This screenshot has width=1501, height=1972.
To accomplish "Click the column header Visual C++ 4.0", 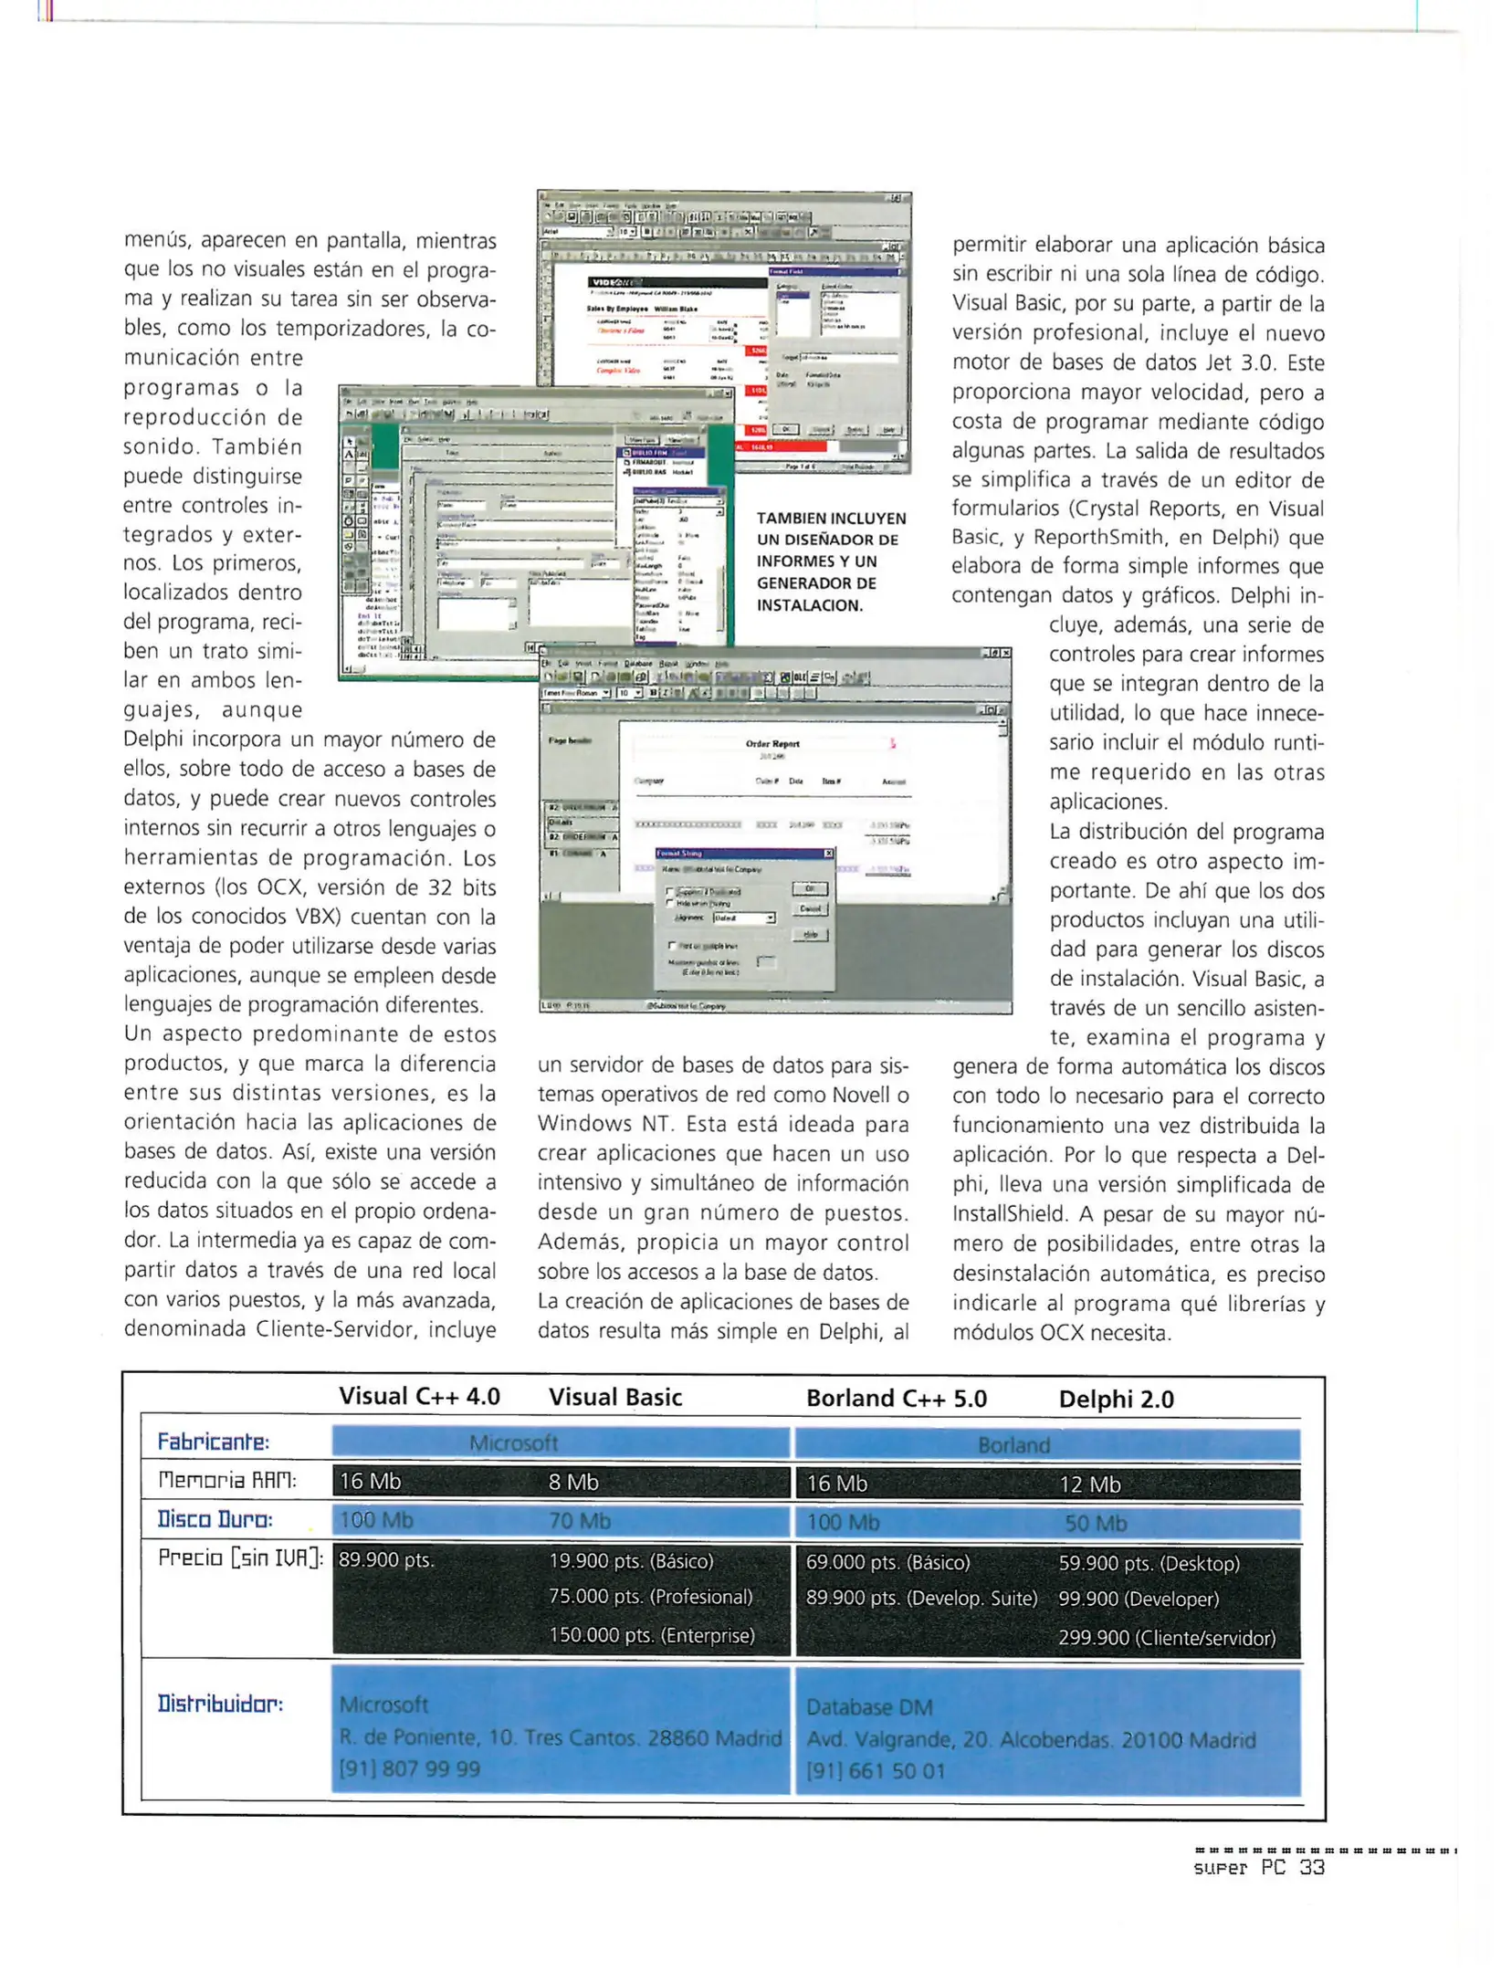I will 419,1396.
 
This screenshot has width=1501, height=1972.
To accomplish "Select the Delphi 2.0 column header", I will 1116,1399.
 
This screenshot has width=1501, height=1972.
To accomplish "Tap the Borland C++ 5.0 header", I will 896,1398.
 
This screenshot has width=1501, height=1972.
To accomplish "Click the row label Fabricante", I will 213,1442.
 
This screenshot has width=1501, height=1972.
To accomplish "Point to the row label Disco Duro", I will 215,1519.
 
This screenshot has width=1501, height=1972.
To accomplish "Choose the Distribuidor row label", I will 220,1704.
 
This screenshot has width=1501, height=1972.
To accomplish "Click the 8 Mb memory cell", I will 572,1482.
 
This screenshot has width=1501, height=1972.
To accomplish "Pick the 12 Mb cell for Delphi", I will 1089,1484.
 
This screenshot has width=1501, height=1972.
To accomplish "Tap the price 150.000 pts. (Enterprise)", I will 651,1635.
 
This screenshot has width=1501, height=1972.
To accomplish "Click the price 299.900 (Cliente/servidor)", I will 1166,1638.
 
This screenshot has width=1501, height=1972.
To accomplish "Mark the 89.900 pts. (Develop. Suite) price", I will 921,1599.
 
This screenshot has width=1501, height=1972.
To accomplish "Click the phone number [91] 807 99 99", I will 409,1769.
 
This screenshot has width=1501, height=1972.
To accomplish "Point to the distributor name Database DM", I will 868,1707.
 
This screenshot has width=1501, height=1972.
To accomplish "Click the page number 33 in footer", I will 1312,1867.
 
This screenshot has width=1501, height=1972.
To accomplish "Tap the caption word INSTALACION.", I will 809,605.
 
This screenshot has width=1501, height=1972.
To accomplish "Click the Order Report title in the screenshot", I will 772,744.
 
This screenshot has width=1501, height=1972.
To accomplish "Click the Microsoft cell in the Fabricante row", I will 513,1442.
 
